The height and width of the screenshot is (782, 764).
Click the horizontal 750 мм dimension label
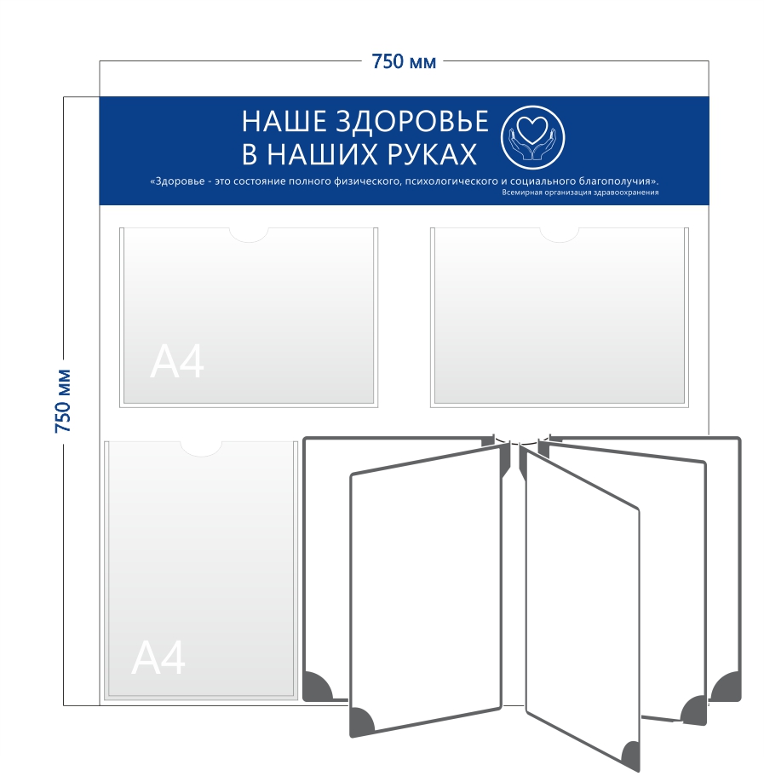[x=404, y=62]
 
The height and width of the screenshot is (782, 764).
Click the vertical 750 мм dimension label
[x=63, y=401]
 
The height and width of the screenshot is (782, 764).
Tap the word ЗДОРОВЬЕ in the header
[x=412, y=122]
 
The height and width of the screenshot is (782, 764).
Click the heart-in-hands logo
[x=532, y=138]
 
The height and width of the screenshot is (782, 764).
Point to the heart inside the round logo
[x=532, y=129]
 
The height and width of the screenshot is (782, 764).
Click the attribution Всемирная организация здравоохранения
[x=580, y=193]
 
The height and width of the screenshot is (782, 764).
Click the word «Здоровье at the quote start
[x=177, y=181]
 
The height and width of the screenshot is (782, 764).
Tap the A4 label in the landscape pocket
[x=177, y=361]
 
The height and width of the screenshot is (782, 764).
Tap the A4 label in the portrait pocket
[x=158, y=658]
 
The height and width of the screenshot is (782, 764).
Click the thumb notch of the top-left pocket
[x=249, y=235]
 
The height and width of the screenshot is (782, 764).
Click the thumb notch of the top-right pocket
[x=560, y=235]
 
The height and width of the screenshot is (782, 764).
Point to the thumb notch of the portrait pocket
[x=201, y=449]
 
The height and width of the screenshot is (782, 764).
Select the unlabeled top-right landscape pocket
[x=560, y=317]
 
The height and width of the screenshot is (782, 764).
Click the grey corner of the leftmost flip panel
[x=316, y=687]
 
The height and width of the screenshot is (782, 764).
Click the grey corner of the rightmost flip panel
[x=728, y=687]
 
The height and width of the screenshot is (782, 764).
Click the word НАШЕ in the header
[x=284, y=122]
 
